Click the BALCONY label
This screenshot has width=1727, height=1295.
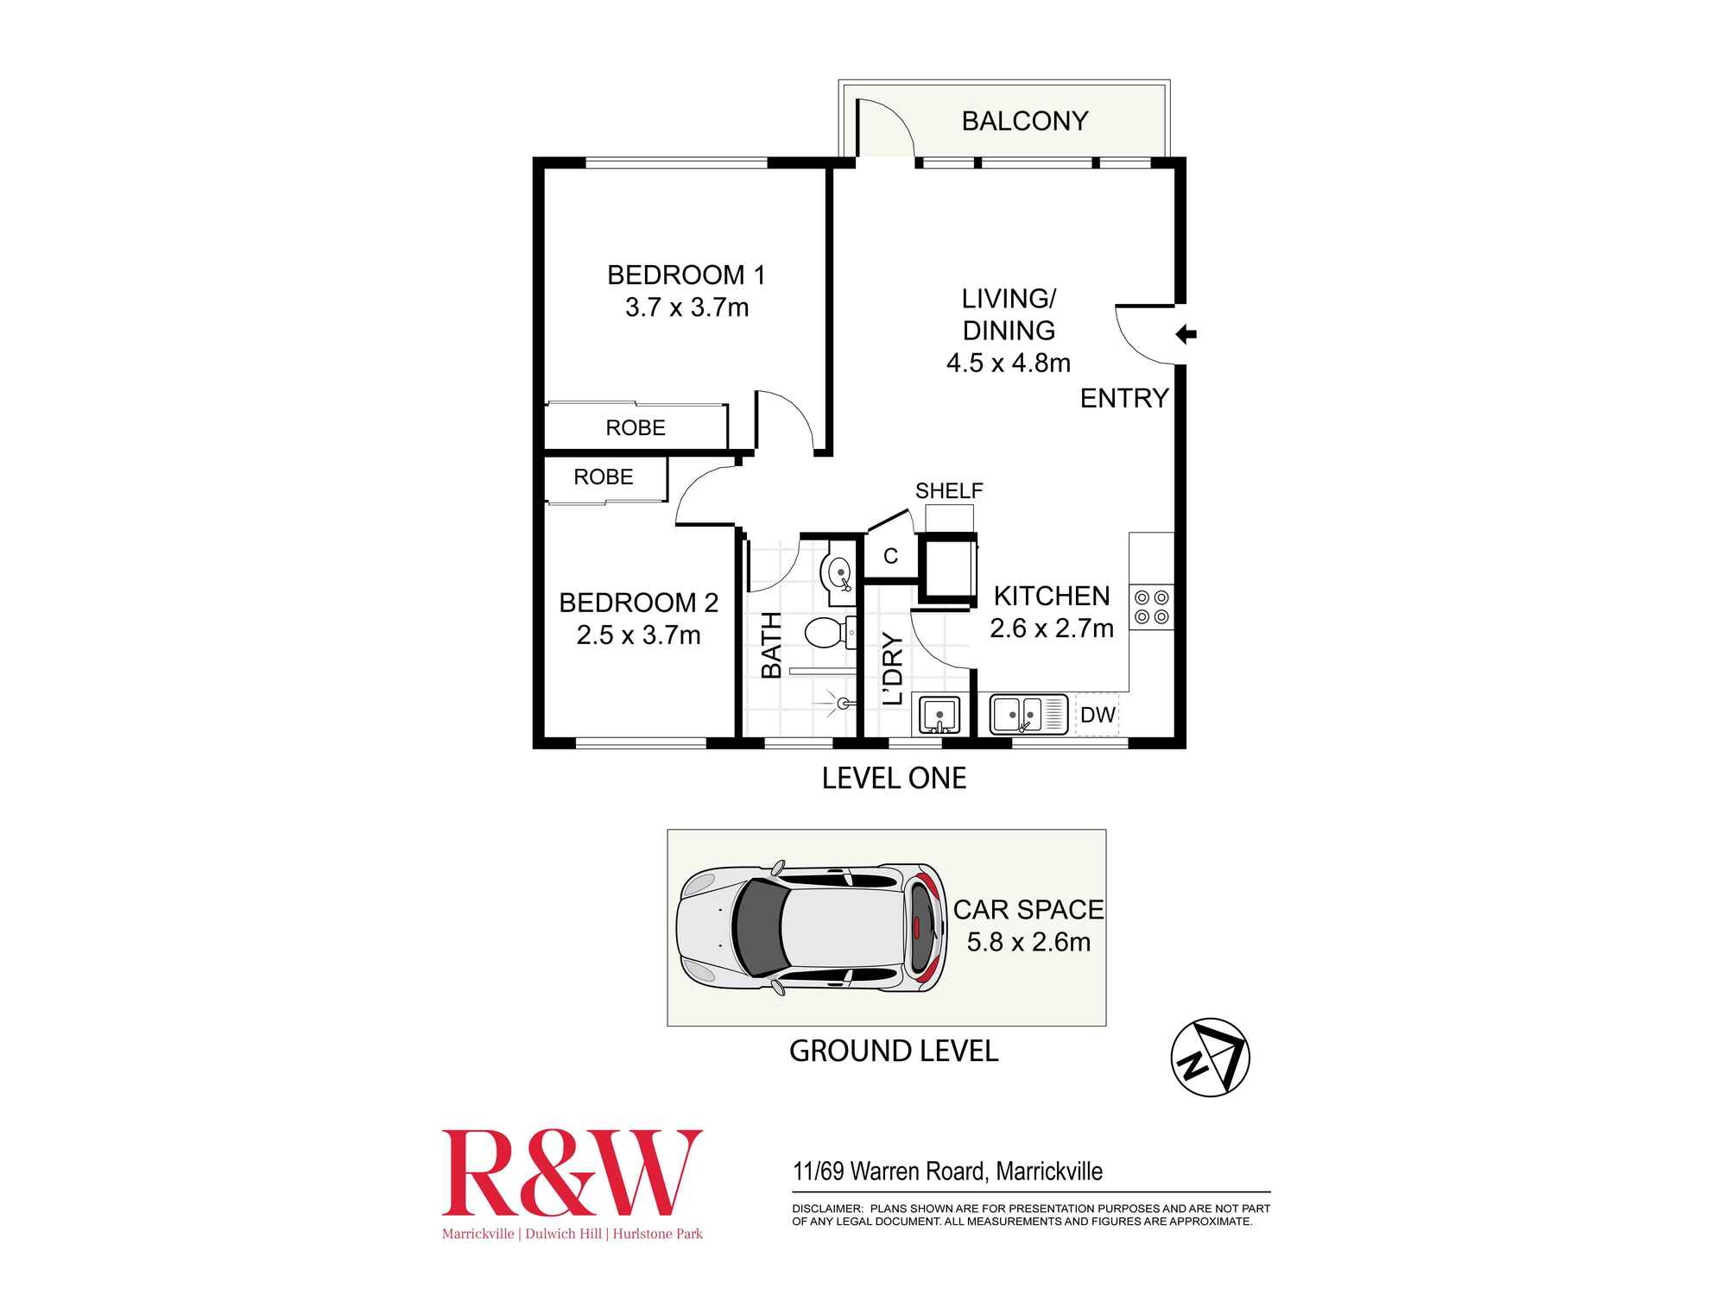coord(1025,121)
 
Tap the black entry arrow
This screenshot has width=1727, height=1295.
coord(1186,334)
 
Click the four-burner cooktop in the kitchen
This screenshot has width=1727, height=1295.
coord(1151,606)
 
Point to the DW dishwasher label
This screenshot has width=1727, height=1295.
coord(1098,715)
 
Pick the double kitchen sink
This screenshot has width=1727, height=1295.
coord(1028,715)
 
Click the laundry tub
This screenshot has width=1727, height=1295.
coord(939,715)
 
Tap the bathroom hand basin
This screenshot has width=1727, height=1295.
coord(838,572)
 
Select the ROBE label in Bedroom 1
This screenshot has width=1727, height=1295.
coord(636,427)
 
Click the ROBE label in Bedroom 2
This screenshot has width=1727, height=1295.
coord(604,477)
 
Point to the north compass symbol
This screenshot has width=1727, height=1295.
coord(1210,1057)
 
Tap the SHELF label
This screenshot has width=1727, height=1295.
coord(949,490)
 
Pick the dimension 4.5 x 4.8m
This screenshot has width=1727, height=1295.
coord(1009,363)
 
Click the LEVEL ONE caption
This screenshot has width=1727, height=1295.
coord(894,778)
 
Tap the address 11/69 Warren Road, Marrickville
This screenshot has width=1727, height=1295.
coord(947,1172)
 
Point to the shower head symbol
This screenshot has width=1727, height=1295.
coord(842,704)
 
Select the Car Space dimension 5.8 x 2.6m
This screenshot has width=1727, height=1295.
coord(1028,942)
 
